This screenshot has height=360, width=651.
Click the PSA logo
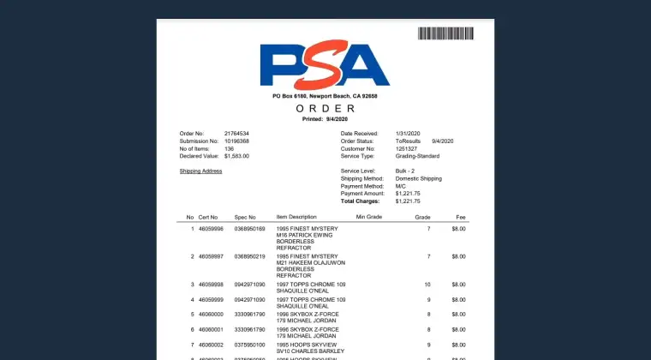(x=325, y=65)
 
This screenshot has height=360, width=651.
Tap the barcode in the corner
(x=445, y=33)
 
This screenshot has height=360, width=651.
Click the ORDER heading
(x=325, y=109)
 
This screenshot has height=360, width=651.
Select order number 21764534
(x=236, y=134)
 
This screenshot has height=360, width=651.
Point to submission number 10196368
(x=236, y=141)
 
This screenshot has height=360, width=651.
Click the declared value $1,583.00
(x=236, y=156)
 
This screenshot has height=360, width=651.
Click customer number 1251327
(x=408, y=148)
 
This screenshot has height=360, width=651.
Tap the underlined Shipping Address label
(x=200, y=171)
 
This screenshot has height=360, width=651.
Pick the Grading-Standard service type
(x=417, y=156)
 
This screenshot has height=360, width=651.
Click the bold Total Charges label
(x=359, y=201)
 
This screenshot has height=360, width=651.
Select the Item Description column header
(x=296, y=217)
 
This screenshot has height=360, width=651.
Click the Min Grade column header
(x=367, y=217)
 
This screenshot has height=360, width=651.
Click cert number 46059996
(x=211, y=229)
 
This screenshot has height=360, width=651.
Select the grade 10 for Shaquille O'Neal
(x=427, y=284)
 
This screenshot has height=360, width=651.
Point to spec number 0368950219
(x=250, y=256)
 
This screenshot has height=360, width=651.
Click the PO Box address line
(x=325, y=96)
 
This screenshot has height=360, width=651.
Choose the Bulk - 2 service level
(x=405, y=171)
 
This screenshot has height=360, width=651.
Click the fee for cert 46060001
(x=458, y=329)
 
